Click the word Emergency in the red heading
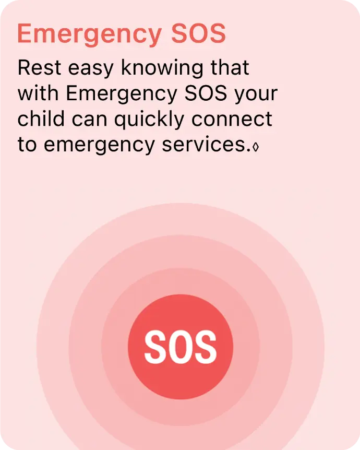point(89,34)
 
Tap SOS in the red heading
point(198,33)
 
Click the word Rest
point(39,68)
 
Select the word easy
point(91,69)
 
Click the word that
point(230,67)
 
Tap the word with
point(38,93)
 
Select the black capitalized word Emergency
point(122,94)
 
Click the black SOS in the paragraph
point(206,93)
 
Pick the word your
point(256,94)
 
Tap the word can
point(89,120)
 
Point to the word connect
point(232,119)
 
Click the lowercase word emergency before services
point(99,146)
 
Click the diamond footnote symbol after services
point(255,147)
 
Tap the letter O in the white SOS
point(180,347)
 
